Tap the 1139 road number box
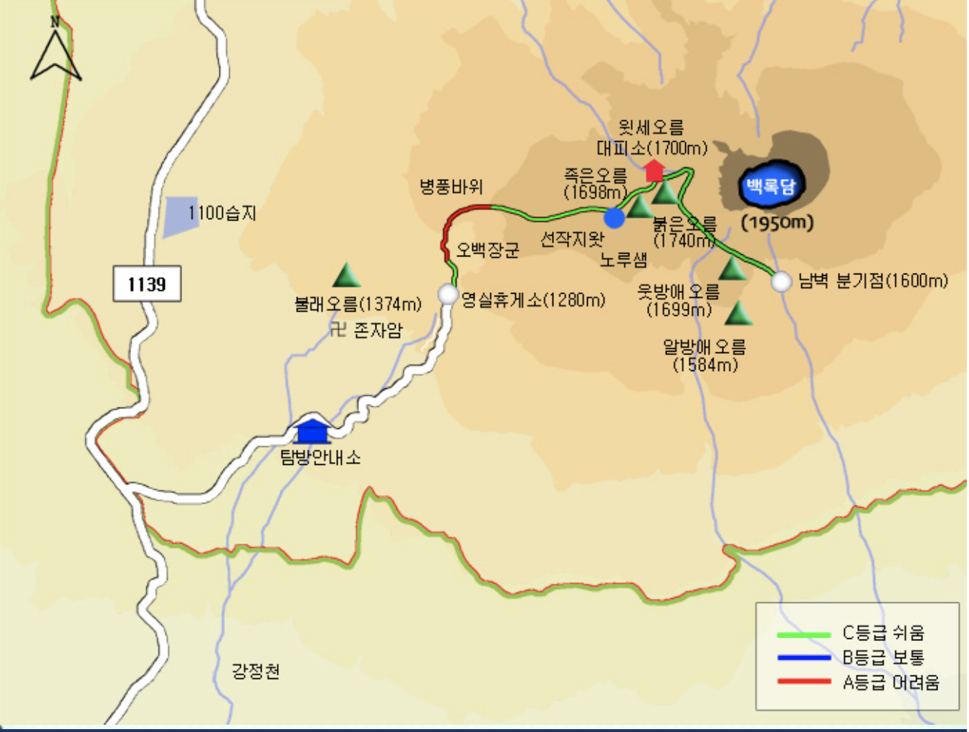point(147,284)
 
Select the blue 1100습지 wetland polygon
point(181,216)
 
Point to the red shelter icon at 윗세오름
point(654,170)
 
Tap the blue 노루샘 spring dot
point(614,217)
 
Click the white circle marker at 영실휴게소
point(448,294)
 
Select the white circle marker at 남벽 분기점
point(781,281)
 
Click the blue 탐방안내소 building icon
point(312,431)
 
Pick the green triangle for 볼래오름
point(347,276)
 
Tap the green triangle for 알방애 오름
point(738,314)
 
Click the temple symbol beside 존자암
point(338,329)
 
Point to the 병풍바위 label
point(452,187)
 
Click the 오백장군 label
point(488,250)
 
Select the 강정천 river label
point(256,671)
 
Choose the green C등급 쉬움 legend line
point(803,635)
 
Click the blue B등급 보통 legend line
point(803,658)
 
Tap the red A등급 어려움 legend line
point(803,681)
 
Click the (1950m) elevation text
point(778,223)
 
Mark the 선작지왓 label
point(571,239)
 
